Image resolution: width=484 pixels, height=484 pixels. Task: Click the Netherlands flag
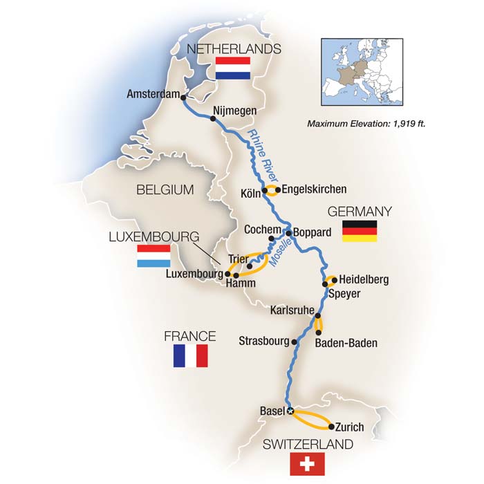(232, 69)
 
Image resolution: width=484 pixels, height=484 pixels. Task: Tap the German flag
(360, 231)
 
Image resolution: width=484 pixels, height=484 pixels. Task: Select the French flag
(190, 356)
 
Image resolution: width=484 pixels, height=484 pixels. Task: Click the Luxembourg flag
(154, 257)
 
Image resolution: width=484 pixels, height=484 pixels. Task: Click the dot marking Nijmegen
(213, 118)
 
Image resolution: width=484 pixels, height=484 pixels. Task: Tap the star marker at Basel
(291, 411)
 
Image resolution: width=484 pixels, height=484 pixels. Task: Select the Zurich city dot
(331, 427)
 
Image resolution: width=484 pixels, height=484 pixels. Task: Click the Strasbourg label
(264, 341)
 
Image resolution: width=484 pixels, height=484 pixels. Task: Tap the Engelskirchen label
(315, 189)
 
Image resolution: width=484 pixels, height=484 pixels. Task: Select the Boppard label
(313, 232)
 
